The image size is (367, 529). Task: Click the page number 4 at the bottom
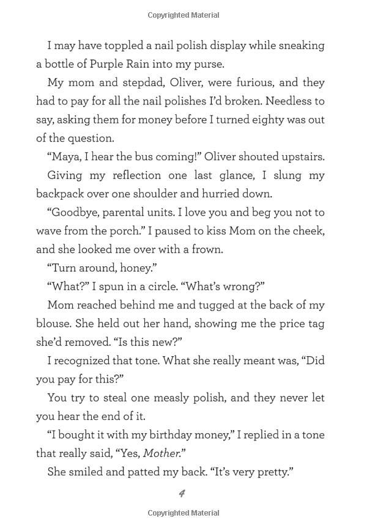(x=182, y=493)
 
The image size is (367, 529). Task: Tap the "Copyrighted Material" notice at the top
(x=183, y=15)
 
